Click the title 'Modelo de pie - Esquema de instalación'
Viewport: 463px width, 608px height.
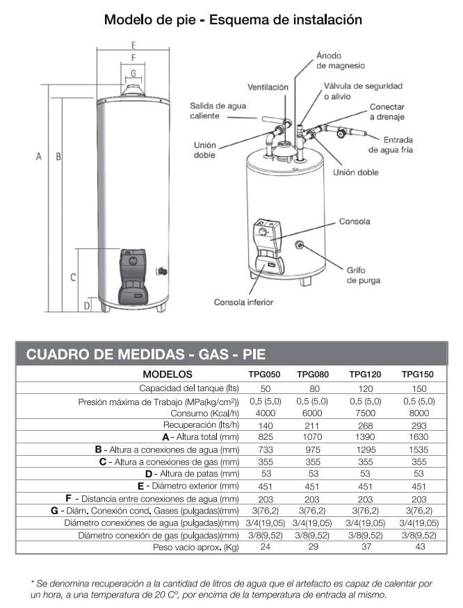(232, 19)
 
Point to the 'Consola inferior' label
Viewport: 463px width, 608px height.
(243, 302)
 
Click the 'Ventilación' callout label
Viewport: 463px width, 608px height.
(268, 88)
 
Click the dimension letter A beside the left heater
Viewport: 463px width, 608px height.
(39, 157)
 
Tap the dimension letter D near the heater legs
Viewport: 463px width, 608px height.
(87, 305)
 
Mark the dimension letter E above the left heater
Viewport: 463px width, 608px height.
(132, 44)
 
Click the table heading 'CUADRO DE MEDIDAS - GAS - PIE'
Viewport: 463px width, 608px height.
(146, 354)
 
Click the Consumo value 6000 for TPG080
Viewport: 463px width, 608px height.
(314, 412)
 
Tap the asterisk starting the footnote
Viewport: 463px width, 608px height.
(33, 582)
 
